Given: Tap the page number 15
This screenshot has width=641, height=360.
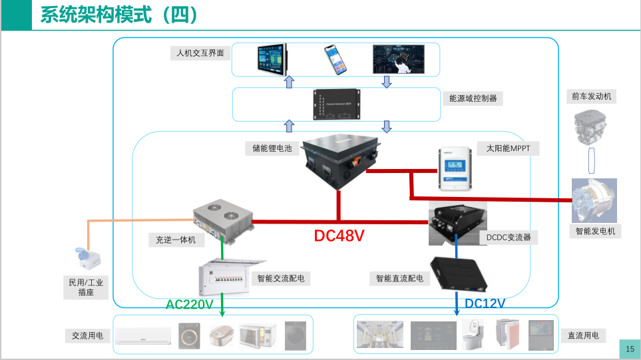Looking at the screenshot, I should pos(630,349).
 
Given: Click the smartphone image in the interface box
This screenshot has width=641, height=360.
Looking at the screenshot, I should pos(336,60).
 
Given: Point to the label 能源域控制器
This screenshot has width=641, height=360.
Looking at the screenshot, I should pos(473,98).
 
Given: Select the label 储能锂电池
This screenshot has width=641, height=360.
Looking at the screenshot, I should pos(268,148).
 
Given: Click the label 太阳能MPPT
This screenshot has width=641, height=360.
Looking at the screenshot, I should pos(508,148).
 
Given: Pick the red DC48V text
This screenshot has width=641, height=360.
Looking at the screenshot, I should pos(339,236).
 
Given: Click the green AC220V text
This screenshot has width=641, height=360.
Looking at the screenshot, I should pos(189,305).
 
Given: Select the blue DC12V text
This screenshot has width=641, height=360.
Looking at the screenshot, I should pos(485,303).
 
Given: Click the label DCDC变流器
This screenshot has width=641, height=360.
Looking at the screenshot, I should pos(509,237).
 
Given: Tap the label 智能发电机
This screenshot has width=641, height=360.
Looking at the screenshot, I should pos(596,232).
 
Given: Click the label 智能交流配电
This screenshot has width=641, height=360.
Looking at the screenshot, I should pos(280,278).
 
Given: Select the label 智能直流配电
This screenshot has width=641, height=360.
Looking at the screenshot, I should pos(399,278).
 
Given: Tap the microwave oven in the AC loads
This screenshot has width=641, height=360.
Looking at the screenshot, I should pos(257,335).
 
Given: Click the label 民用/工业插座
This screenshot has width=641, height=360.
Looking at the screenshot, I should pos(86,287).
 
